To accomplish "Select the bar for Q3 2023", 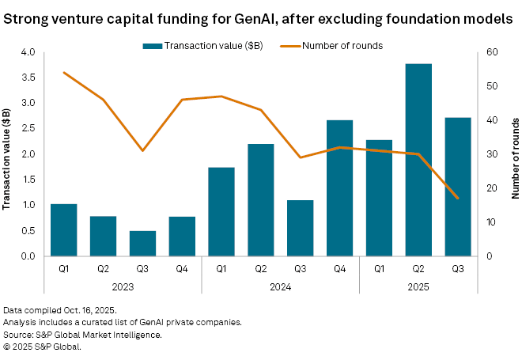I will point(143,244).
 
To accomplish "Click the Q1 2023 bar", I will point(63,230).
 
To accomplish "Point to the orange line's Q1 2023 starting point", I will point(63,72).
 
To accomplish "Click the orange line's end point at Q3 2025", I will point(458,198).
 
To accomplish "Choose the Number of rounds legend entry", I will point(332,45).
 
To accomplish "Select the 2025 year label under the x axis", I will point(418,286).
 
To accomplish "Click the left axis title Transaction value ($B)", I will point(7,154).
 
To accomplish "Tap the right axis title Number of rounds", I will point(513,154).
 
